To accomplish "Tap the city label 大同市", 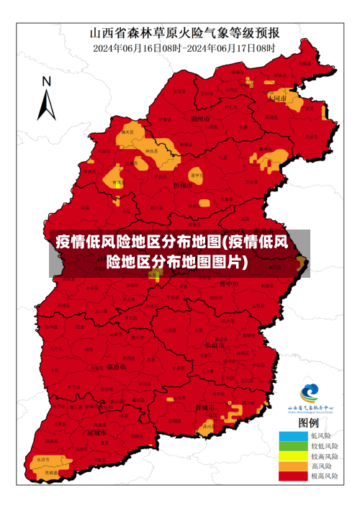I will pyautogui.click(x=276, y=97).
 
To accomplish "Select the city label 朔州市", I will pyautogui.click(x=199, y=118).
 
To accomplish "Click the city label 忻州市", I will pyautogui.click(x=183, y=185).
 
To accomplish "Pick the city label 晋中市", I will pyautogui.click(x=228, y=284).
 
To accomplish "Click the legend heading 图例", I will pyautogui.click(x=309, y=422).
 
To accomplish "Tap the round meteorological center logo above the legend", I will pyautogui.click(x=310, y=392).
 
